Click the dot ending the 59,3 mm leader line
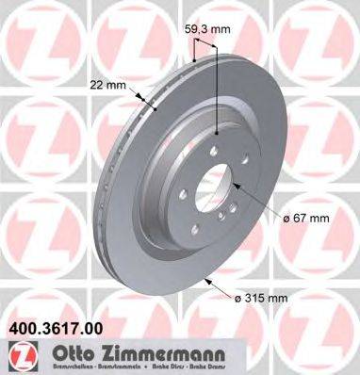[x=218, y=133]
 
